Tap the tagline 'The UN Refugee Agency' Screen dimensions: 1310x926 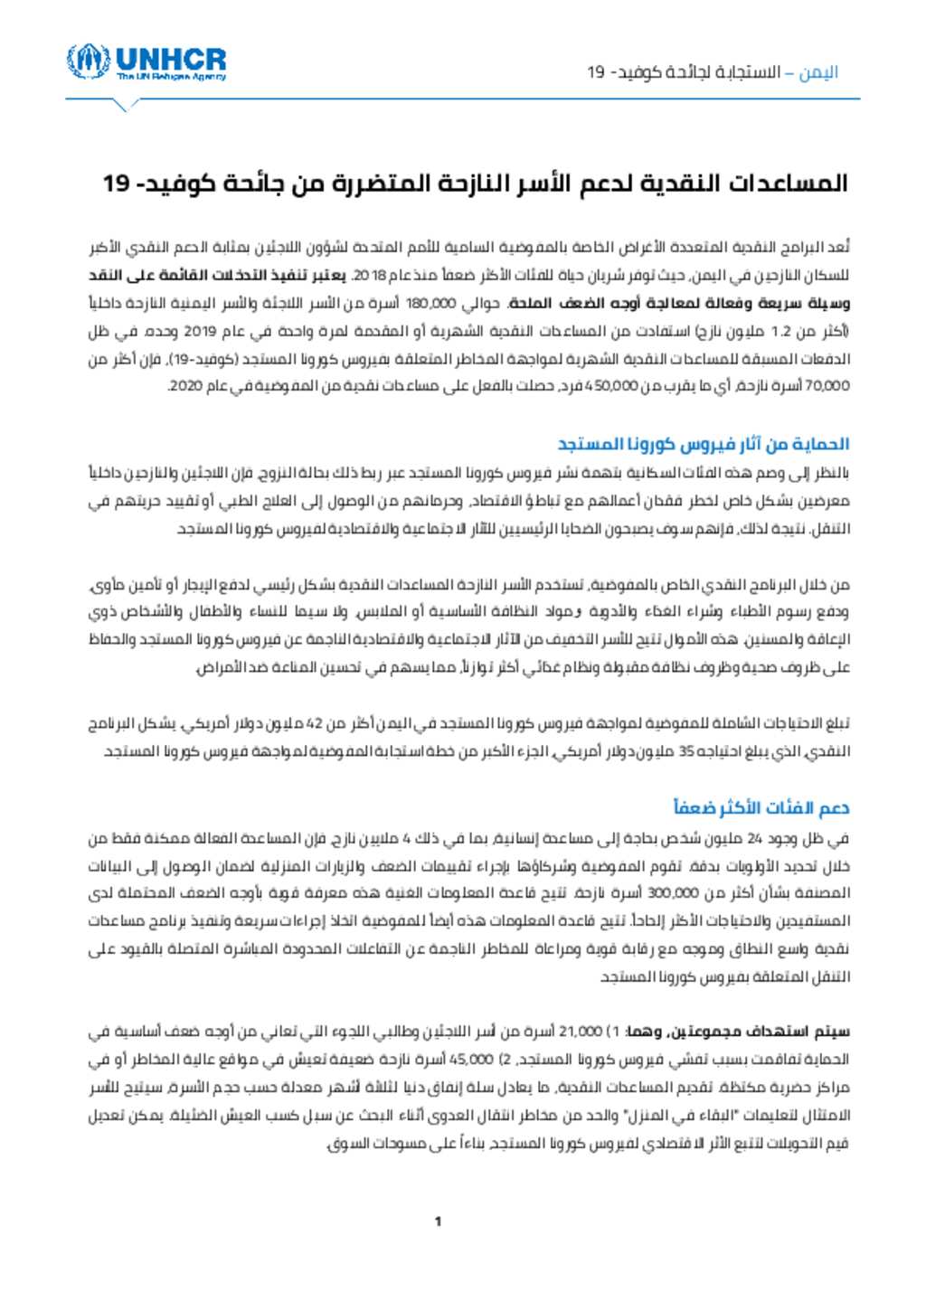pos(171,77)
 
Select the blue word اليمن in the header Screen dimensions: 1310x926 pos(820,72)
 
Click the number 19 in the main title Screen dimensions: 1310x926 pos(117,184)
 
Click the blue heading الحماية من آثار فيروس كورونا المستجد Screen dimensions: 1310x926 pos(703,444)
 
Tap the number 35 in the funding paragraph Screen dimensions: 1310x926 pos(687,751)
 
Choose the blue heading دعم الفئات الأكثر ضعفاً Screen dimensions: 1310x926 pos(761,807)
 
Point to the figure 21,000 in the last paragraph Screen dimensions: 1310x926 pos(581,1031)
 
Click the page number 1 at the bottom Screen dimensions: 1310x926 pos(438,1222)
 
